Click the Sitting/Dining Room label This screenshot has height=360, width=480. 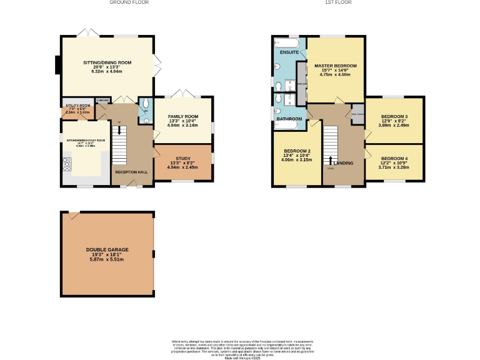tap(107, 62)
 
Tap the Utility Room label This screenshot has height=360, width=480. tap(78, 106)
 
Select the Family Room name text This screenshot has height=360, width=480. tap(182, 117)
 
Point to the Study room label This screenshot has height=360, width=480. tap(182, 159)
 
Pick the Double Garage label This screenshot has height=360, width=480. tap(107, 249)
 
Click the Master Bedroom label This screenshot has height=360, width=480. tap(336, 66)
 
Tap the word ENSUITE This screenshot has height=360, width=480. tap(289, 52)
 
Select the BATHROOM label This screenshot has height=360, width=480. tap(289, 119)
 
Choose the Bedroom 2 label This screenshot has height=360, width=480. tap(296, 151)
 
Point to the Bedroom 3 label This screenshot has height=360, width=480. tap(394, 117)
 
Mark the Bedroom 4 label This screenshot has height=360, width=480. tap(394, 159)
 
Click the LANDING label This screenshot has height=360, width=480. tap(344, 163)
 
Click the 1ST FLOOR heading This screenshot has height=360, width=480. tap(338, 2)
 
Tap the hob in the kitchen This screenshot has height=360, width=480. tap(67, 164)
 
